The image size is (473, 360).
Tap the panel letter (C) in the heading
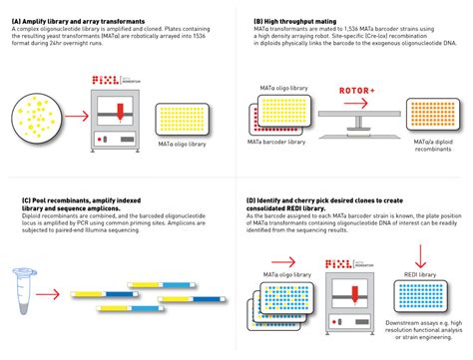[13, 199]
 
